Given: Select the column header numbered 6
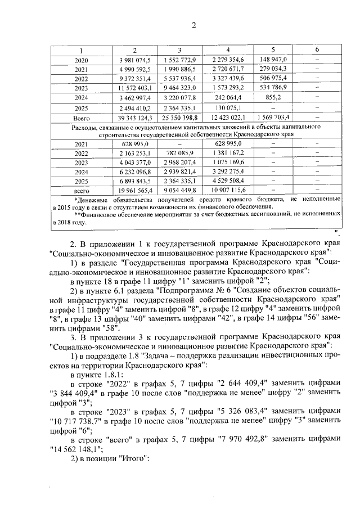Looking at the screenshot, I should tap(317, 51).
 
